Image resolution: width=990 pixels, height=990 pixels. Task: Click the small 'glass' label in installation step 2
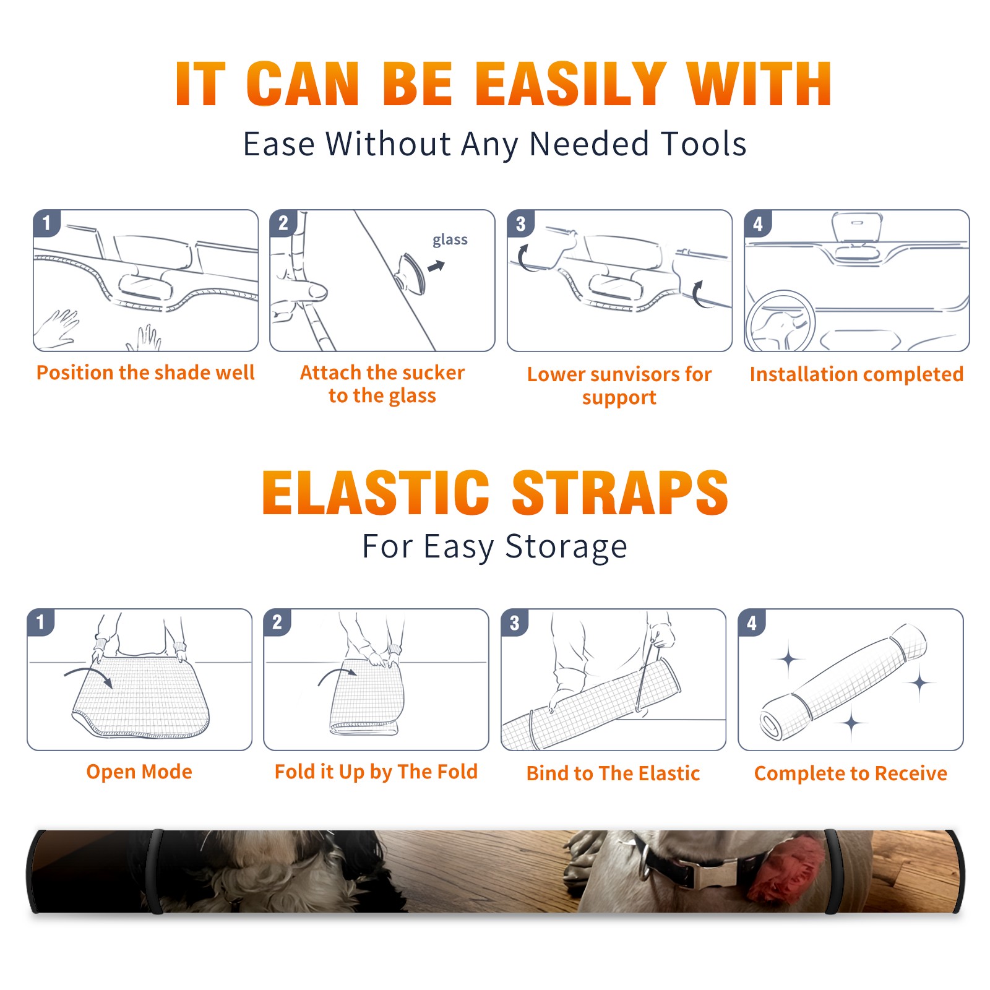tap(450, 240)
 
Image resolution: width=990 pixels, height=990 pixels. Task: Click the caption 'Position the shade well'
tap(145, 372)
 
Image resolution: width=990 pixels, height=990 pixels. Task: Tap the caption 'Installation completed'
tap(856, 374)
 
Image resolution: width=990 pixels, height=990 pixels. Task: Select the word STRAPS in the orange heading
tap(620, 493)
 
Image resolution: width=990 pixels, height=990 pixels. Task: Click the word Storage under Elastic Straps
tap(566, 547)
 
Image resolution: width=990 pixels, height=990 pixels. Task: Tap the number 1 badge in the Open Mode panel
tap(41, 622)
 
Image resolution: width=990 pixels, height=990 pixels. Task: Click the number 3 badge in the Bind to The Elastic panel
tap(515, 622)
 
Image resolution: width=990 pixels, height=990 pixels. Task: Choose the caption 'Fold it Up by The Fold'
tap(376, 772)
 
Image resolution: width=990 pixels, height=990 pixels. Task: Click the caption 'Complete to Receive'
tap(851, 773)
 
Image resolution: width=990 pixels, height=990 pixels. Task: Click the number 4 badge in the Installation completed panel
tap(758, 223)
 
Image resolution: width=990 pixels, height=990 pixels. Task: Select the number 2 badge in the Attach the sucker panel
tap(283, 223)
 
